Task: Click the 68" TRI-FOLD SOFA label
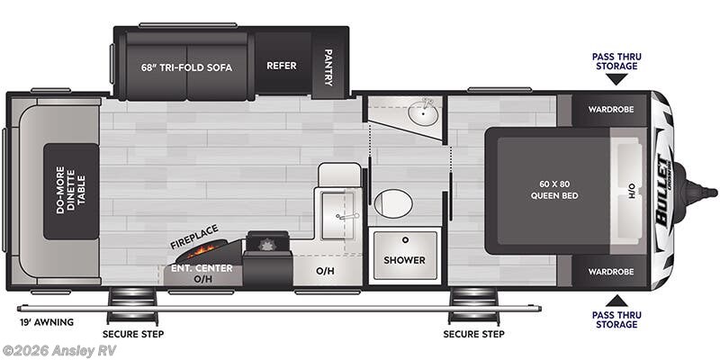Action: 184,66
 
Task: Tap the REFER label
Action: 281,66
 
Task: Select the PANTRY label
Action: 328,67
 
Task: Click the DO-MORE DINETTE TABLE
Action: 71,191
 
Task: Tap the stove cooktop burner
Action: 265,244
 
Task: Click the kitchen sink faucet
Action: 342,216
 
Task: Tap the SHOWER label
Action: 404,260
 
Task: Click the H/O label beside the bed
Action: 631,191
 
